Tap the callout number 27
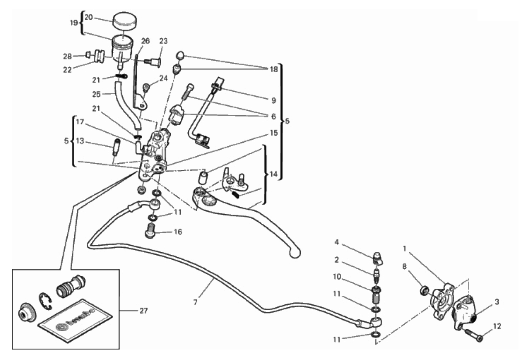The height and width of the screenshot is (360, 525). click(143, 311)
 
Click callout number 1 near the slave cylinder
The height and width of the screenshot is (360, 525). click(405, 248)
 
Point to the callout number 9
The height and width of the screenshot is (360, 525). click(273, 100)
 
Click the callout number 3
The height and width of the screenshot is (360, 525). click(497, 302)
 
